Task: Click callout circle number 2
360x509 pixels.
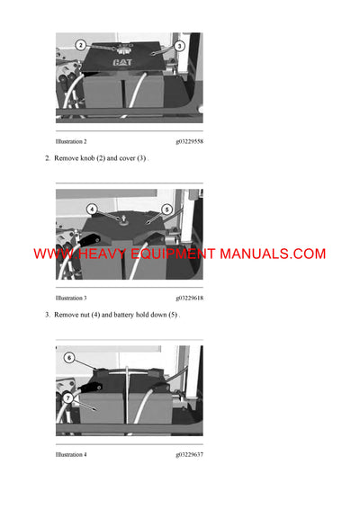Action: coord(80,44)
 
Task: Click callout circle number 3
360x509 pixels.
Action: coord(179,45)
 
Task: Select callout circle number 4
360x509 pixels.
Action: coord(93,209)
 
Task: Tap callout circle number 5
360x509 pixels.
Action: coord(166,209)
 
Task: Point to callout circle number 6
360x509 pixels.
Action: coord(68,357)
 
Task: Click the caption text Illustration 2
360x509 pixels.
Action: coord(71,142)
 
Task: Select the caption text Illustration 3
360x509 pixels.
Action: coord(71,298)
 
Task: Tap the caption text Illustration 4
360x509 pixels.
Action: coord(71,454)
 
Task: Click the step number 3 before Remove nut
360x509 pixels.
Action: coord(47,315)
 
